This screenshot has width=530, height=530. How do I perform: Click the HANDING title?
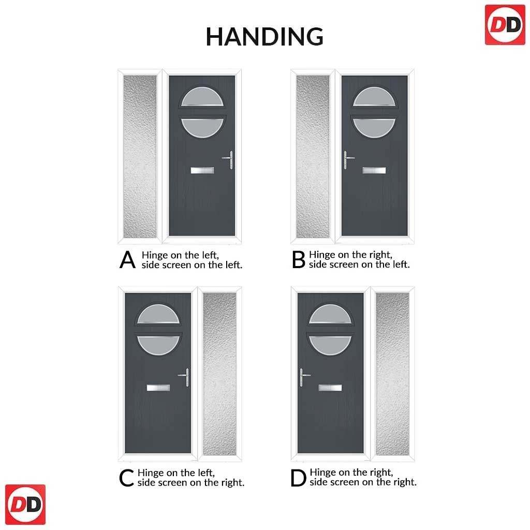(264, 37)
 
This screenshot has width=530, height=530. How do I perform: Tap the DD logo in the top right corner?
(505, 25)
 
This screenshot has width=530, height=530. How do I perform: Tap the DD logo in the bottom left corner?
(25, 504)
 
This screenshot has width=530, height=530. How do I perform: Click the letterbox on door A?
(202, 170)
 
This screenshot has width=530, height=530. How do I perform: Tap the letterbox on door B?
(374, 170)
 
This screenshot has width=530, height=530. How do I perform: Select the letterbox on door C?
(158, 388)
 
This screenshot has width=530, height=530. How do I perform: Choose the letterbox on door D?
(330, 388)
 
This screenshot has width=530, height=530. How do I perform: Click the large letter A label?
(127, 260)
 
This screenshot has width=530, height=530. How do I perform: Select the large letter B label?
(299, 260)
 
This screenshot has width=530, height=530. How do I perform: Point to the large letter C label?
(126, 478)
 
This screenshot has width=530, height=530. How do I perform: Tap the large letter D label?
(299, 478)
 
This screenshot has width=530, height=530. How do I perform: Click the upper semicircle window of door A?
(202, 97)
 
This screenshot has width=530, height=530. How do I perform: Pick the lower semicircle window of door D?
(330, 345)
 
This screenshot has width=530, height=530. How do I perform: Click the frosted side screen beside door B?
(313, 156)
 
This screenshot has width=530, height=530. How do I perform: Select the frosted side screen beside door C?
(219, 374)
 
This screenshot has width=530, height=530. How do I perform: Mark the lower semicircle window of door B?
(374, 127)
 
